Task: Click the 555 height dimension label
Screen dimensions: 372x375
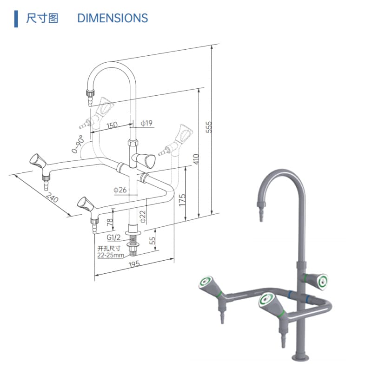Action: [208, 127]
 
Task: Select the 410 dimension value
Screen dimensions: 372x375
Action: [196, 159]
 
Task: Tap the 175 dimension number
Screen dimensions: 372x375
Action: [182, 200]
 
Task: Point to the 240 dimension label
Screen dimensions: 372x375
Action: [52, 197]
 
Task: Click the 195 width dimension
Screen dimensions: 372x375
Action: [134, 264]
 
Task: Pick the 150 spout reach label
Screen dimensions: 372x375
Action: [112, 125]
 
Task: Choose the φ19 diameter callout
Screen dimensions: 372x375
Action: [146, 123]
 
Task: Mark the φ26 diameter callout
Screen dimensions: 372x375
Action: [120, 190]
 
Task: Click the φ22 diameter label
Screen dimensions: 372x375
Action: [143, 217]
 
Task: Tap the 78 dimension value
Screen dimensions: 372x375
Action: [110, 222]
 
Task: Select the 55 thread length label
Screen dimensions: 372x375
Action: [152, 240]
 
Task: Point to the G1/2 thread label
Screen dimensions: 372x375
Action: [113, 237]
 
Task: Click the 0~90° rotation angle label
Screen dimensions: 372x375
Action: [78, 144]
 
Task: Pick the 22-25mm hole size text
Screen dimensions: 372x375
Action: [111, 255]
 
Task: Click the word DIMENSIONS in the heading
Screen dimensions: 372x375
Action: [113, 18]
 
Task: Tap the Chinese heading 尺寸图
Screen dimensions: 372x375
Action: [42, 18]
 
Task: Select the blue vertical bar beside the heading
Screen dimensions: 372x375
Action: [16, 19]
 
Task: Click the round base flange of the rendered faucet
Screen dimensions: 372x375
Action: [301, 358]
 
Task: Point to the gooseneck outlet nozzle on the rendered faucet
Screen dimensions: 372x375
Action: [261, 211]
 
